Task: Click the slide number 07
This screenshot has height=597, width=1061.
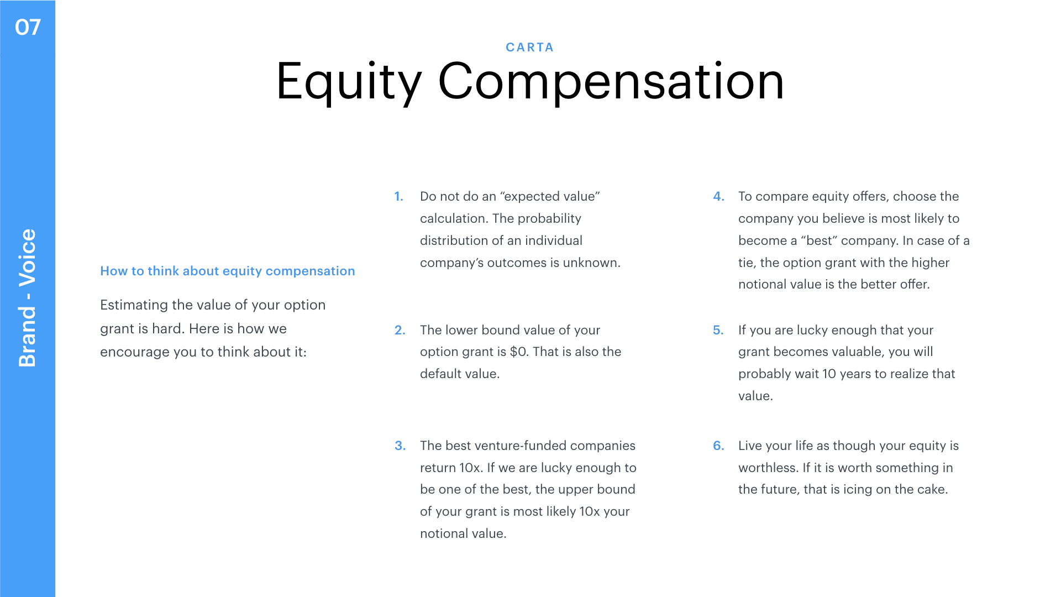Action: [x=28, y=27]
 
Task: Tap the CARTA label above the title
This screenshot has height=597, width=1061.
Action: [x=530, y=48]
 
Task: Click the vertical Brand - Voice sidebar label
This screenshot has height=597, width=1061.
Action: [x=27, y=298]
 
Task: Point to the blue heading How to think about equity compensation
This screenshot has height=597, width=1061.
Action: [x=228, y=271]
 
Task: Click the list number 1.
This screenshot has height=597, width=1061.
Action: [x=399, y=196]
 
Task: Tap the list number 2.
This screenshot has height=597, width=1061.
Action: [x=400, y=330]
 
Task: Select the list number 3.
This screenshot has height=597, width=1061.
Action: [x=400, y=446]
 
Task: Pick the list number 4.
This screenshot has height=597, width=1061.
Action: [x=718, y=196]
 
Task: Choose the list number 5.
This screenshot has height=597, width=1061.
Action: [x=718, y=330]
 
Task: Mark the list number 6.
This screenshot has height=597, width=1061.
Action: [x=718, y=446]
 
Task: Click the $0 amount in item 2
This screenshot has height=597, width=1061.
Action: [x=518, y=352]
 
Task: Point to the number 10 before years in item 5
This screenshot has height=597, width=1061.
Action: [x=829, y=374]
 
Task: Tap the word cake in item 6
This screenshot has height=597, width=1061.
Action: [x=932, y=489]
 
